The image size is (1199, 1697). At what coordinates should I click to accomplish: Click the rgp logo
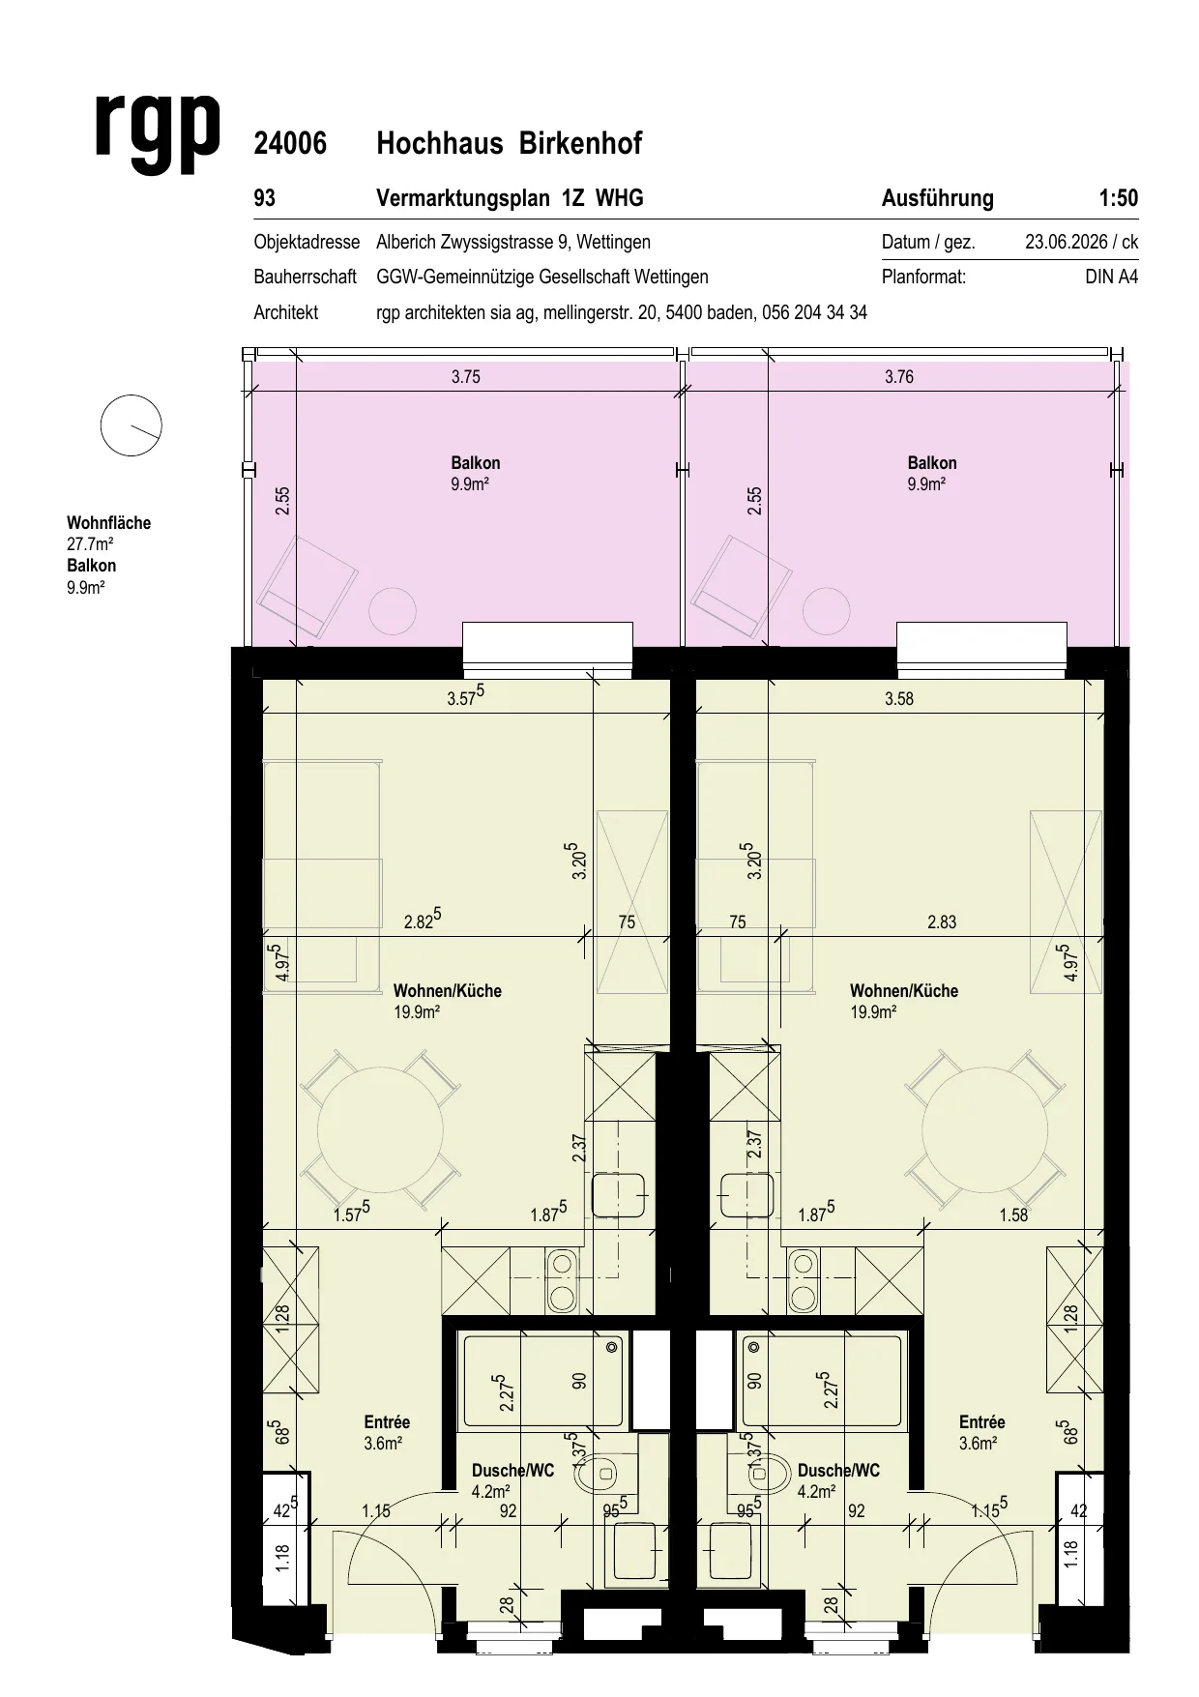(159, 134)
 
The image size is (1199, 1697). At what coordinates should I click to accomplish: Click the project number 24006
(290, 144)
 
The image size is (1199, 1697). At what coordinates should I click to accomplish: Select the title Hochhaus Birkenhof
(509, 144)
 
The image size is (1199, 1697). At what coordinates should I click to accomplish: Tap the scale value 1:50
(1119, 198)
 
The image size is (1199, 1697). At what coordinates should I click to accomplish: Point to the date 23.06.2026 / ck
(1082, 243)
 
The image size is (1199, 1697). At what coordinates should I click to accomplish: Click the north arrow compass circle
(131, 425)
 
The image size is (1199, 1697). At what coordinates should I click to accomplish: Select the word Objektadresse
(307, 243)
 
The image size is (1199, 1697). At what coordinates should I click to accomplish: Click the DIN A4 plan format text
(1112, 278)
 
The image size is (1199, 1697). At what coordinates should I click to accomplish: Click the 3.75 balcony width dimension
(466, 377)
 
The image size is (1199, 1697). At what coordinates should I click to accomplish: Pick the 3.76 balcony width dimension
(899, 377)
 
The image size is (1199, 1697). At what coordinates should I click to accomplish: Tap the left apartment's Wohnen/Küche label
(448, 991)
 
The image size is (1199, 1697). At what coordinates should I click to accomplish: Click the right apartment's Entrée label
(982, 1422)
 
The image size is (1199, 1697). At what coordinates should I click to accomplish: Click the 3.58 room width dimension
(899, 699)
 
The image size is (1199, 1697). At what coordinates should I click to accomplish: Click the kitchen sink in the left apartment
(618, 1195)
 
